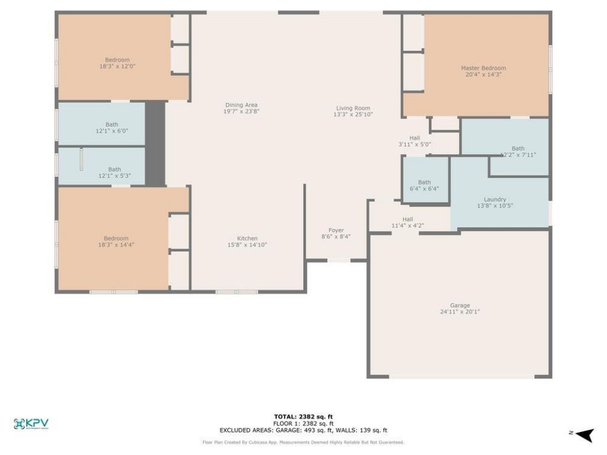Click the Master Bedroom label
[483, 68]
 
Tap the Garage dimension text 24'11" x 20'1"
[459, 312]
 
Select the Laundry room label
[494, 200]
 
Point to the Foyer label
[336, 230]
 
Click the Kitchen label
[247, 238]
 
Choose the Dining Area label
[241, 105]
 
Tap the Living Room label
[353, 108]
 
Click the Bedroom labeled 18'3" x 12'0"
[117, 60]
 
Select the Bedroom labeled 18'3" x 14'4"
[117, 238]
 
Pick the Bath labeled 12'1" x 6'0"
[111, 124]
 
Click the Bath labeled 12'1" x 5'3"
[114, 169]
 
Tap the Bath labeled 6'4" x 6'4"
[424, 182]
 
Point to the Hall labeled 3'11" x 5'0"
[414, 138]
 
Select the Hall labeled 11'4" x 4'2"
[408, 219]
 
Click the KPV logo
[31, 424]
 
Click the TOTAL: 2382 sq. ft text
[303, 416]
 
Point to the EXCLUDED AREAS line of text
[303, 431]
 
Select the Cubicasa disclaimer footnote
[303, 442]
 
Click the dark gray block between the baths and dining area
[155, 143]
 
